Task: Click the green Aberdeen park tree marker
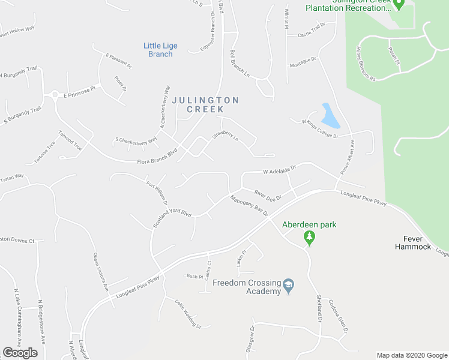[x=310, y=238]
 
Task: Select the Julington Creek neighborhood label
[x=206, y=104]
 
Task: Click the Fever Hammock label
[x=413, y=243]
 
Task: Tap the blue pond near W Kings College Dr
[x=330, y=116]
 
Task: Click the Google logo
[x=20, y=353]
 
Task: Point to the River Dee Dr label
[x=268, y=194]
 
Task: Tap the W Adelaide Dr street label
[x=280, y=170]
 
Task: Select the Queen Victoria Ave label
[x=100, y=272]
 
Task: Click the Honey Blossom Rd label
[x=365, y=64]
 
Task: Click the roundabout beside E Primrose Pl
[x=54, y=95]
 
